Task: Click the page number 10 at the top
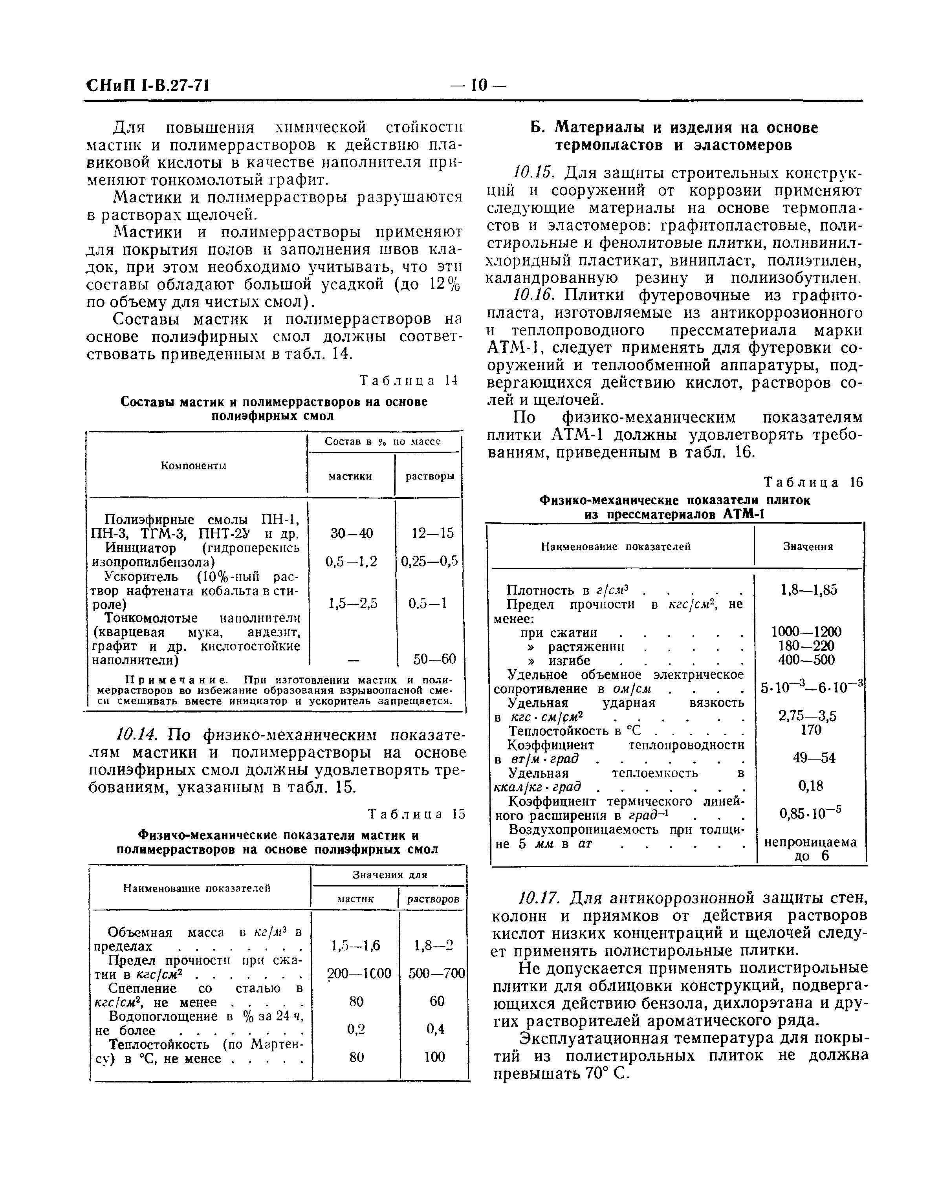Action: pos(478,85)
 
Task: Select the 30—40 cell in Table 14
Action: pos(351,533)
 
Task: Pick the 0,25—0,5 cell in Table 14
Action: pos(429,561)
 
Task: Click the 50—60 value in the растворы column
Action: pos(434,658)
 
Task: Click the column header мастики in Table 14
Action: pos(350,476)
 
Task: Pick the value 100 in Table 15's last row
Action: pos(434,1057)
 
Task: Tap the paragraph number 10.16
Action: pos(531,295)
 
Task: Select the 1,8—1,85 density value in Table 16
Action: pos(809,590)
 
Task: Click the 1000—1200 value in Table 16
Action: pos(806,632)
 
